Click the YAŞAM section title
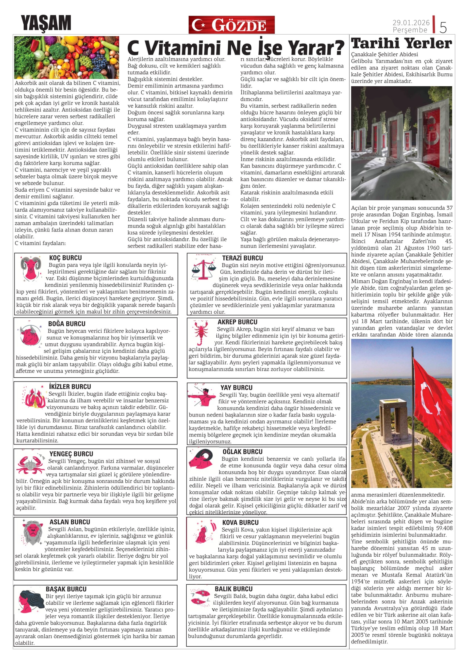click(x=46, y=23)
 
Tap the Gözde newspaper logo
click(x=231, y=25)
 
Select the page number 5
click(x=443, y=27)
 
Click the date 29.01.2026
click(x=411, y=22)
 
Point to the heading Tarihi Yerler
click(x=401, y=44)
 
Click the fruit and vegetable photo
click(x=67, y=57)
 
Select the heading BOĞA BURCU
click(x=67, y=324)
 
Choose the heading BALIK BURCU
click(x=234, y=589)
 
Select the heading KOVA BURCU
click(x=240, y=522)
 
